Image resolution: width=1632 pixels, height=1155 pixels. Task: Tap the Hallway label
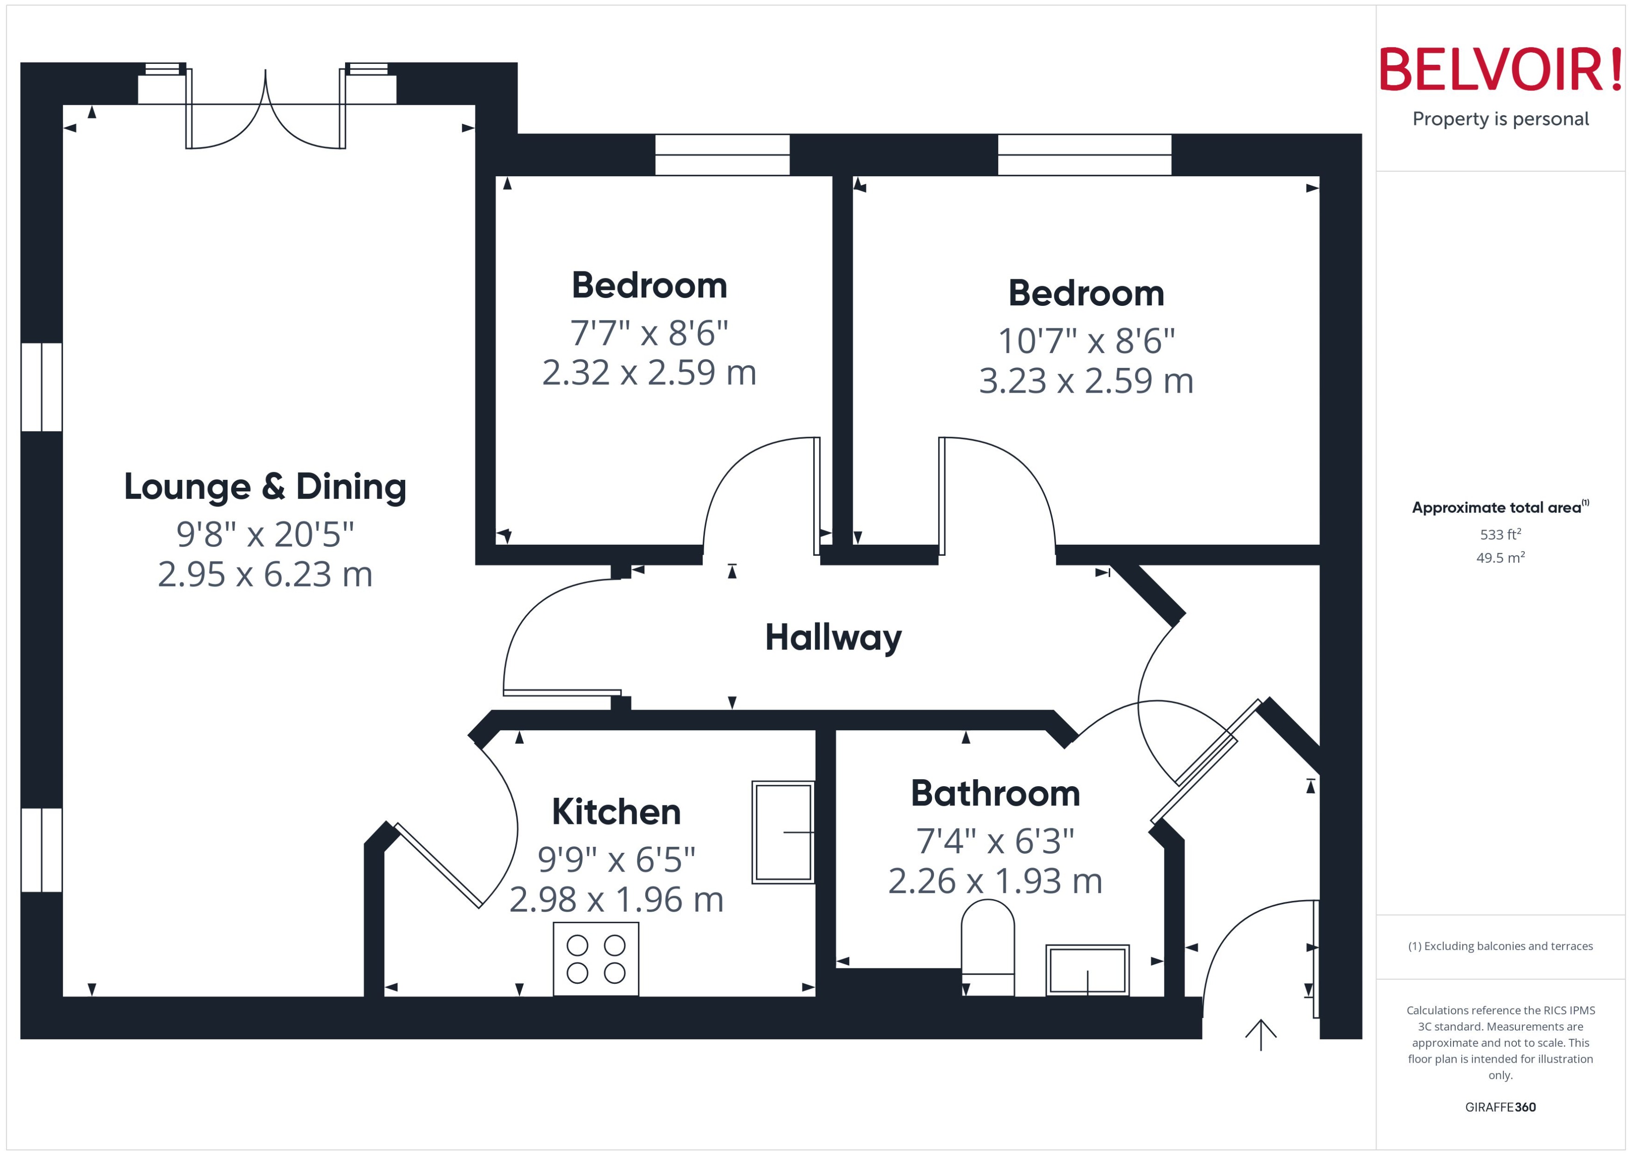coord(833,637)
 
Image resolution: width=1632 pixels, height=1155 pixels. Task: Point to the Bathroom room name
coord(995,794)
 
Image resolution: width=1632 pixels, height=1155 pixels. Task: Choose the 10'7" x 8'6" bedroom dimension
coord(1086,341)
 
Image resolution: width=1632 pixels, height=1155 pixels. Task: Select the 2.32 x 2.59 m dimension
coord(649,373)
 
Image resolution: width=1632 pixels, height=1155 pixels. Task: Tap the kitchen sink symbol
coord(783,832)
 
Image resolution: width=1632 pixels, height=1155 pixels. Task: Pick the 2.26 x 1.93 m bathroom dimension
coord(995,882)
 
